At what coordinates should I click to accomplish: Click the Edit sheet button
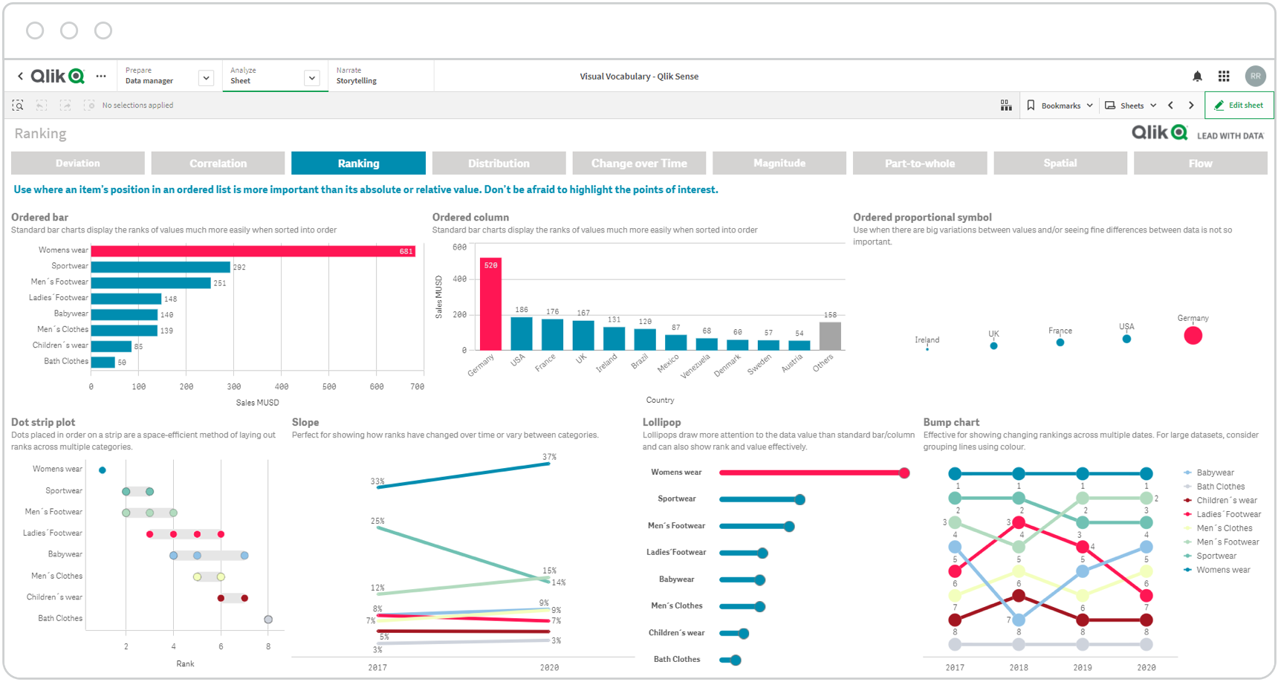(x=1239, y=105)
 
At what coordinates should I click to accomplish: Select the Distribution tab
(x=499, y=163)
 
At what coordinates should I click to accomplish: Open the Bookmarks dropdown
(x=1060, y=105)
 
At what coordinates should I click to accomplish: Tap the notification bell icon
(x=1197, y=77)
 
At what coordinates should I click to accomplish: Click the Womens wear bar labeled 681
(x=253, y=251)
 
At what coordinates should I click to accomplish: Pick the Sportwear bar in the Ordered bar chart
(x=160, y=267)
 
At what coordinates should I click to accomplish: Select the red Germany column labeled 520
(x=490, y=304)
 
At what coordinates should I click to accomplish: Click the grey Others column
(x=830, y=336)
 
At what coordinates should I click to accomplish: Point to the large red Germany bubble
(x=1193, y=336)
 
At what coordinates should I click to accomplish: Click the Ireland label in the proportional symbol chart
(x=927, y=340)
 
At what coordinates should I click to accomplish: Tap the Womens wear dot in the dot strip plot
(x=103, y=470)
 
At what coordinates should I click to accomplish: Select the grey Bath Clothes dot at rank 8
(x=268, y=620)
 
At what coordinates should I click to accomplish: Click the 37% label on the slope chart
(x=549, y=457)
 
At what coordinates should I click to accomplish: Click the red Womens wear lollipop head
(x=904, y=473)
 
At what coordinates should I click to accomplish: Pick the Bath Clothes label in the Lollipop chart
(x=677, y=660)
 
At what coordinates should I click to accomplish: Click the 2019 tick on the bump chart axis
(x=1083, y=668)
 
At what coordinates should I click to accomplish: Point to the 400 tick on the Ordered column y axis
(x=459, y=279)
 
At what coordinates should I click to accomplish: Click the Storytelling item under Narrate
(x=357, y=81)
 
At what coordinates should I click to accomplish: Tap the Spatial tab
(x=1060, y=163)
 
